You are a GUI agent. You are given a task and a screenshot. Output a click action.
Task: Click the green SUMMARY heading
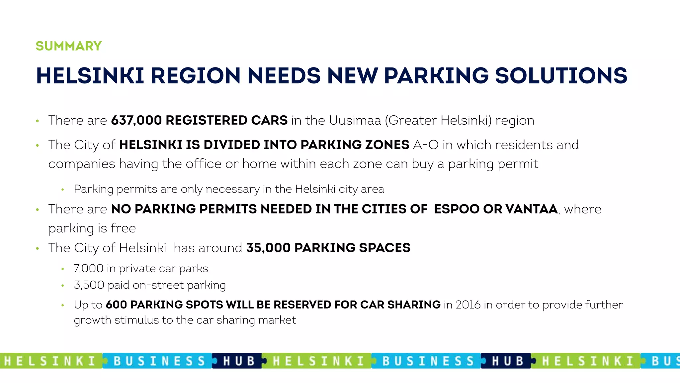pos(68,46)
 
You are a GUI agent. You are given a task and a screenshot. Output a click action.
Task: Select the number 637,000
pos(136,120)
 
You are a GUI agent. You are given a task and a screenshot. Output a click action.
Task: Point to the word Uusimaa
pos(355,120)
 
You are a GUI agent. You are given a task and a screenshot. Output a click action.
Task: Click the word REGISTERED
pos(206,120)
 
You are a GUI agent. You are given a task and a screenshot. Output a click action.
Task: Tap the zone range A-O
pos(426,145)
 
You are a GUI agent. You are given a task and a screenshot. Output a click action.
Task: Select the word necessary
pos(232,189)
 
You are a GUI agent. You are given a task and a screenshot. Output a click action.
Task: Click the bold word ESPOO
pos(457,209)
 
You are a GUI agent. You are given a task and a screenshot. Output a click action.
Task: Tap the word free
pos(123,228)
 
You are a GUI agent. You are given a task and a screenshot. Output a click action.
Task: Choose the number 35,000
pos(268,248)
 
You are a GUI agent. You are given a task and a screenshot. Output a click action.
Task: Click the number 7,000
pos(88,269)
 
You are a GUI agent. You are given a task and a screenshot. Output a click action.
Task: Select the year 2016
pos(468,305)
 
